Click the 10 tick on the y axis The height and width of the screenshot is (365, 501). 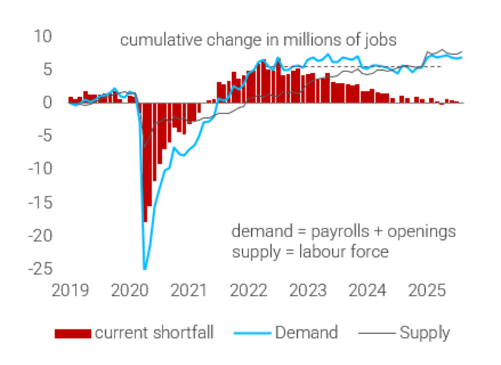[x=43, y=36]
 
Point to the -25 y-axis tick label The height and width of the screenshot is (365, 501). [x=40, y=269]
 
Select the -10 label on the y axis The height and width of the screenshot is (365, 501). [x=40, y=169]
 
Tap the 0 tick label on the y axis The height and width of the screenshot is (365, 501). [x=47, y=102]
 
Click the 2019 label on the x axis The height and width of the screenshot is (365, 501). [x=69, y=291]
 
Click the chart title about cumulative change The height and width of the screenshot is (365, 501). [x=258, y=40]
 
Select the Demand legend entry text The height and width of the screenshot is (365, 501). [x=306, y=332]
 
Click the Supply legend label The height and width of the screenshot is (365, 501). [x=424, y=332]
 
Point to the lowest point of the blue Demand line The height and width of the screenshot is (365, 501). [x=145, y=269]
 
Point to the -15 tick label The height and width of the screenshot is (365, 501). [x=40, y=202]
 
